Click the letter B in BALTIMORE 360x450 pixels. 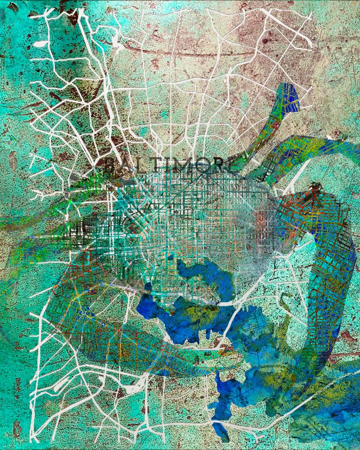pos(110,164)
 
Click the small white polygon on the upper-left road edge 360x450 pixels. pos(40,44)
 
